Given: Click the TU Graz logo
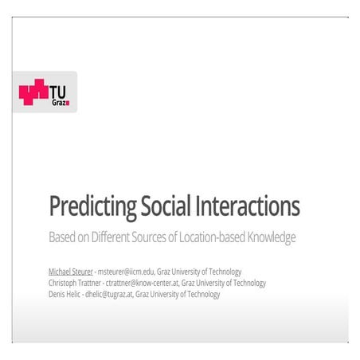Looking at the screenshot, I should pyautogui.click(x=45, y=92).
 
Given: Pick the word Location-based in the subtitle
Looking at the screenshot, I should pyautogui.click(x=218, y=237).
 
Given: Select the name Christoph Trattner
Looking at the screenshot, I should pyautogui.click(x=77, y=283).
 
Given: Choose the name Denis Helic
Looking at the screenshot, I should pyautogui.click(x=66, y=294).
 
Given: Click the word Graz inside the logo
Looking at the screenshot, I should pyautogui.click(x=60, y=102).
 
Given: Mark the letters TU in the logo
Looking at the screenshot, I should pyautogui.click(x=60, y=90).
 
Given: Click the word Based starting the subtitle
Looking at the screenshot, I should pyautogui.click(x=62, y=237).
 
